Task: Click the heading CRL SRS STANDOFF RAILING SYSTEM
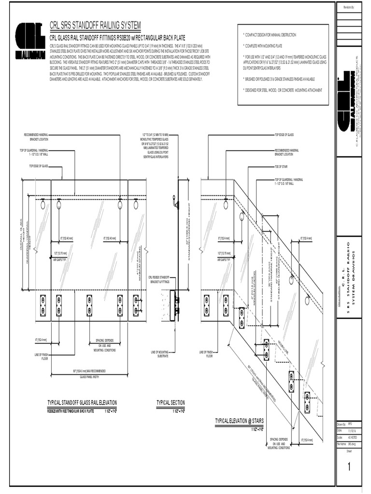[96, 25]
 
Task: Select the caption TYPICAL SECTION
[171, 403]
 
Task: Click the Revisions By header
[349, 8]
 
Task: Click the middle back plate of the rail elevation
[90, 305]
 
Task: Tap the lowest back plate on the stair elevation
[306, 403]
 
